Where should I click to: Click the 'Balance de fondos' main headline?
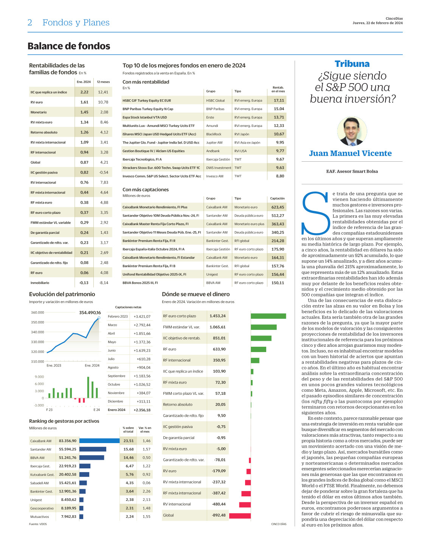(69, 46)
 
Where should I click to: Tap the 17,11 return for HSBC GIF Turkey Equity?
(279, 100)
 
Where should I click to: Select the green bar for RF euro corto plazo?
(269, 316)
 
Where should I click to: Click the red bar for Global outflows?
(240, 515)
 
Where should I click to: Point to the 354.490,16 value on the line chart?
(90, 313)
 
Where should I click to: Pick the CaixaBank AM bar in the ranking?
(99, 441)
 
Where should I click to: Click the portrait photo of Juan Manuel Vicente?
(352, 131)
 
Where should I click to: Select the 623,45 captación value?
(278, 207)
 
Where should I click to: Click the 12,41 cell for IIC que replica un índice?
(103, 92)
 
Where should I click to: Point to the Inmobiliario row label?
(40, 283)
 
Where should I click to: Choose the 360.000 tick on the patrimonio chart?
(37, 312)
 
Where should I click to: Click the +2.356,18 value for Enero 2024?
(142, 410)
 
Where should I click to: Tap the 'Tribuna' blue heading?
(352, 64)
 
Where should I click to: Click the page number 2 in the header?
(29, 23)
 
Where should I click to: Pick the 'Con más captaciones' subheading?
(146, 190)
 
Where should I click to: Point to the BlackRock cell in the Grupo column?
(214, 134)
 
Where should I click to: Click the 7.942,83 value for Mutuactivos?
(68, 517)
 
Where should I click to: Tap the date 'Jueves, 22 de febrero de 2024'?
(377, 23)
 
